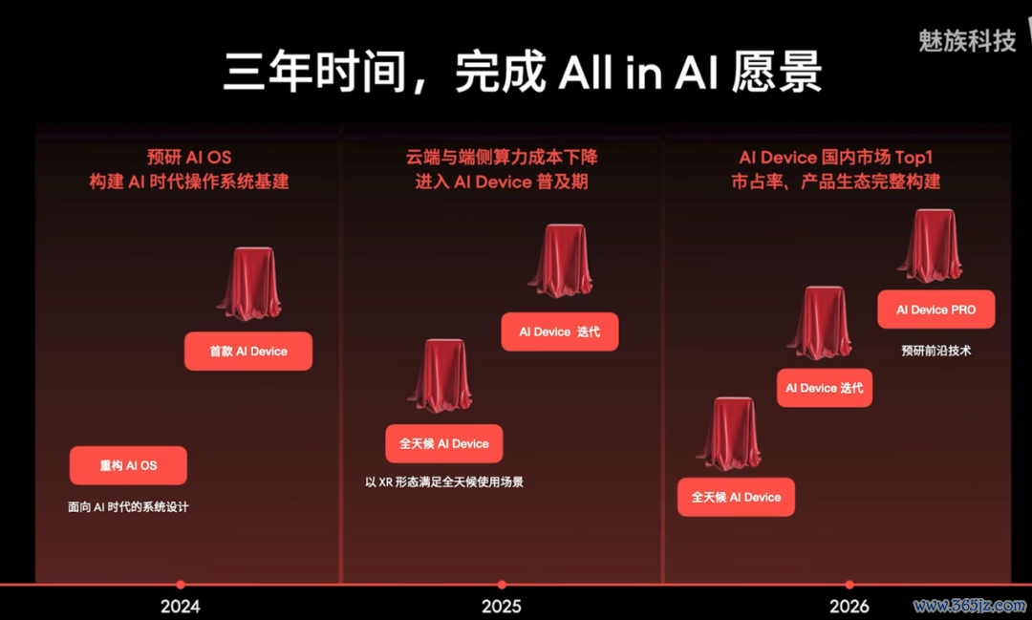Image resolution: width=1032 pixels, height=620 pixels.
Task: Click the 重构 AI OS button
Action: coord(128,465)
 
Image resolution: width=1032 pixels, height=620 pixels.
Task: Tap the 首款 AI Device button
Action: coord(248,352)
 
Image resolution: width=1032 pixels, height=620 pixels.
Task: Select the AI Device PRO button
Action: coord(935,310)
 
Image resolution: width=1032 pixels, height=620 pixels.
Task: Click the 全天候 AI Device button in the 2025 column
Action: coord(444,443)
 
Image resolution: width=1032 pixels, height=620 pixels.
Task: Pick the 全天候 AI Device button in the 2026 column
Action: coord(736,497)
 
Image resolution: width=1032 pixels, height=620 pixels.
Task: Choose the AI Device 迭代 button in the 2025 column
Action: coord(559,331)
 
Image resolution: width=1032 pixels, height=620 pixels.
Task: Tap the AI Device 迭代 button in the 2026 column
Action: coord(824,388)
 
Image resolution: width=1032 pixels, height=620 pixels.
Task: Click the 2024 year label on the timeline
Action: coord(181,606)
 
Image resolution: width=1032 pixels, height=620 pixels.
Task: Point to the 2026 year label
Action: coord(849,606)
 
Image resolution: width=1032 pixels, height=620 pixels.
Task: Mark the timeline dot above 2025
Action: coord(502,585)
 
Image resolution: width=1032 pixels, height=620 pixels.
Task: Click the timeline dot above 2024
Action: coord(181,585)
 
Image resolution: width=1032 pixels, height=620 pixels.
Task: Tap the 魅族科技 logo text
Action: coord(967,41)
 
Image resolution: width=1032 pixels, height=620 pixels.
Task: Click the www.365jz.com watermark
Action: coord(970,605)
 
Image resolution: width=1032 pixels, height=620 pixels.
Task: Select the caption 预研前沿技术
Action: coord(935,351)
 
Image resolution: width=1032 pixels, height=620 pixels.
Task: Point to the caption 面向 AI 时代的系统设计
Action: coord(128,506)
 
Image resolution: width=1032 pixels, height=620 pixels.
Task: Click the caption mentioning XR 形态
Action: coord(444,481)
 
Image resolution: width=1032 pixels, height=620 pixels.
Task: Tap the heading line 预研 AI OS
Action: coord(189,158)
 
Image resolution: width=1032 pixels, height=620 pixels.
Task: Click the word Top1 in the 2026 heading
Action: coord(914,158)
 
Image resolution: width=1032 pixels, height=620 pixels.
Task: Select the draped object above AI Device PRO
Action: coord(931,246)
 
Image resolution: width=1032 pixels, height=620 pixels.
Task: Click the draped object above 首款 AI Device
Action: coord(249,284)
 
